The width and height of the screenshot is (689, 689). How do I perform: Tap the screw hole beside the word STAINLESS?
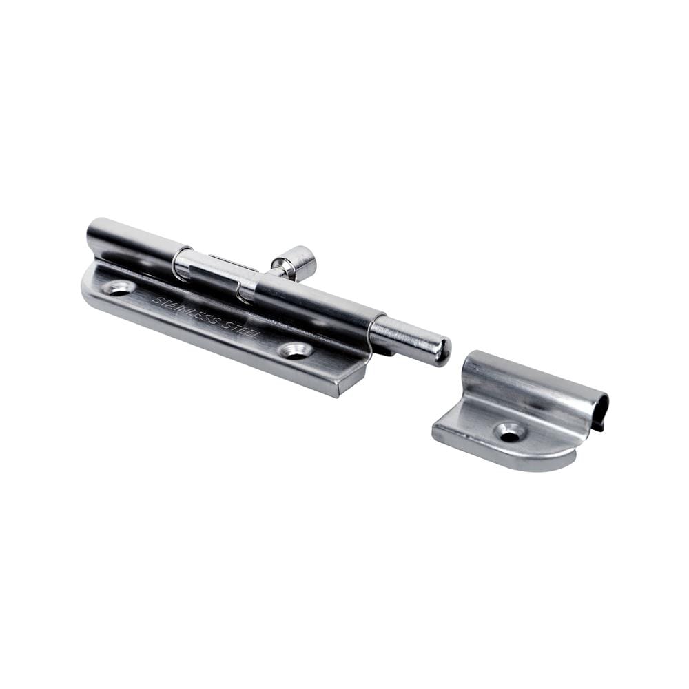pos(119,288)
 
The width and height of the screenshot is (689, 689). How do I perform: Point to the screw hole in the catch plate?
pos(510,433)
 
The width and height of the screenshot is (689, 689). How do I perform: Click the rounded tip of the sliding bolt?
pos(442,351)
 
